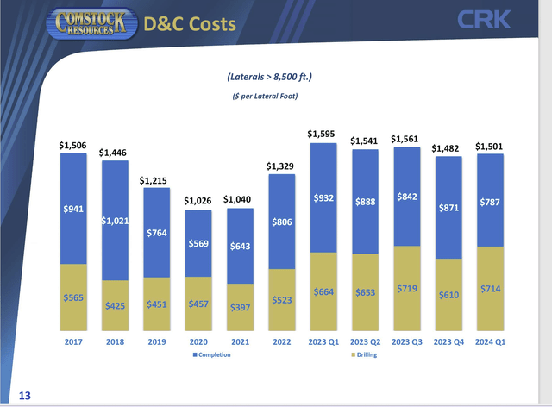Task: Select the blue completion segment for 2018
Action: [x=116, y=220]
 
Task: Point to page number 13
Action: [x=23, y=394]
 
